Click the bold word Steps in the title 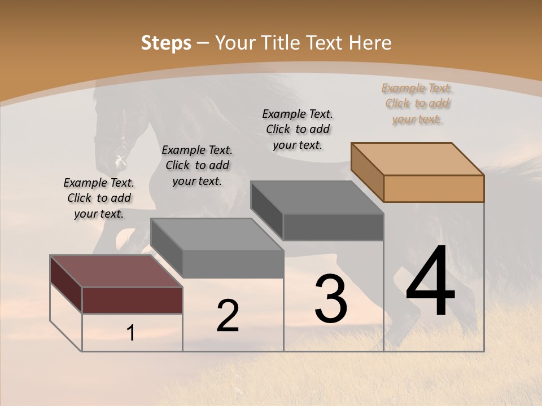click(166, 43)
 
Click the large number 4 click(430, 282)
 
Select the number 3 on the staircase click(330, 299)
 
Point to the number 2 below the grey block click(228, 316)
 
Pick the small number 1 click(131, 333)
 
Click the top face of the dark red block click(116, 271)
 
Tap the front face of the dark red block click(132, 300)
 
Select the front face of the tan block click(434, 188)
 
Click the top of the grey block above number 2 click(217, 234)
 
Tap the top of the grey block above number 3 click(317, 197)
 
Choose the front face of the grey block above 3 click(333, 227)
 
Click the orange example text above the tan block click(417, 104)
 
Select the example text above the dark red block click(99, 198)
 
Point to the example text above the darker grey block click(298, 129)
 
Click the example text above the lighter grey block click(197, 165)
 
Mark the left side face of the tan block click(368, 172)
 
